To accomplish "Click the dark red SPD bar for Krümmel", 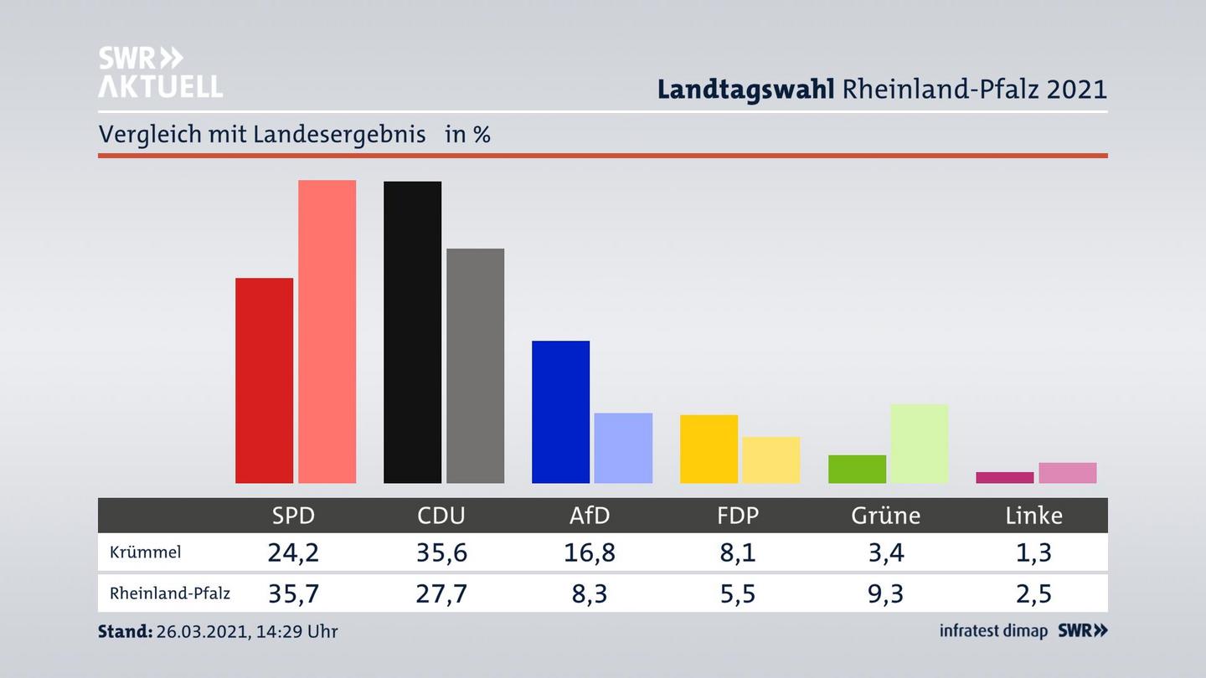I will [264, 381].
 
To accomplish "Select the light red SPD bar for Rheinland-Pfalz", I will [327, 331].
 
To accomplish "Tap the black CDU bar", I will [412, 332].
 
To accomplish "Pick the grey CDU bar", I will [475, 366].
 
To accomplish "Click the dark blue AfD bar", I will [560, 412].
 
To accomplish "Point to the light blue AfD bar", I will [623, 448].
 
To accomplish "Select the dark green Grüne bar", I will [857, 469].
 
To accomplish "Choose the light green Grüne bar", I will [919, 444].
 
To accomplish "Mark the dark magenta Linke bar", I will [1004, 478].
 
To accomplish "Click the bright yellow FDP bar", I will [709, 449].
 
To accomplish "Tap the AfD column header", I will [589, 516].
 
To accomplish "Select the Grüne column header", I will [885, 516].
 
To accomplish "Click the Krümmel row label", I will [145, 552].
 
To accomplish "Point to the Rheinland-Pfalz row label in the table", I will [169, 593].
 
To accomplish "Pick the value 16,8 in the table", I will [589, 552].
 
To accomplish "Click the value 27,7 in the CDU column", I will [441, 593].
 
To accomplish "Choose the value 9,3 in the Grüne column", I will [885, 593].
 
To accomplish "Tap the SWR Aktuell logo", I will [160, 72].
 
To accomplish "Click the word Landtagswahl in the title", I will [745, 89].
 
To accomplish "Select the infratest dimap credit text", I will [993, 631].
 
